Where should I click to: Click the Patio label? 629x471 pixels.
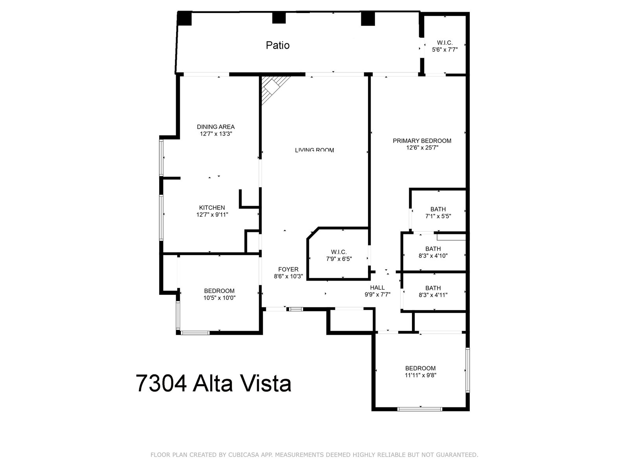tap(278, 46)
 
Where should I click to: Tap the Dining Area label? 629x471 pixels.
tap(215, 127)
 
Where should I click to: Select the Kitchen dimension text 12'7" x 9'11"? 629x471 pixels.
tap(212, 215)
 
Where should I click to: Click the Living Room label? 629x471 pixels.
tap(314, 150)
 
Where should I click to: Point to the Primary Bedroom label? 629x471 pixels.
tap(422, 141)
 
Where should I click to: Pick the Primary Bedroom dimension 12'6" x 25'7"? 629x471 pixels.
tap(422, 148)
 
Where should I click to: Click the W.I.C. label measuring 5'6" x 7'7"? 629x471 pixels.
tap(445, 43)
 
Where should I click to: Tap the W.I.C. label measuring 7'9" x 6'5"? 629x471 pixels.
tap(338, 252)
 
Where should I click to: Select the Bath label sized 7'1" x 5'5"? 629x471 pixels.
tap(438, 209)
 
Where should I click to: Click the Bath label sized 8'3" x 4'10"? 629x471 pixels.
tap(433, 248)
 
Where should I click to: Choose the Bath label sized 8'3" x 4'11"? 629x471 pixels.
tap(433, 288)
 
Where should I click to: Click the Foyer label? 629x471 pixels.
tap(288, 269)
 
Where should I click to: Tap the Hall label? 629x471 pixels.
tap(377, 288)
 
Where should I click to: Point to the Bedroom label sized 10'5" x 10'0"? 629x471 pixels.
tap(219, 291)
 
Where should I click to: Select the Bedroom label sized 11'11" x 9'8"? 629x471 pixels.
tap(420, 368)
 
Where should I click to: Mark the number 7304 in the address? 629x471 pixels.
tap(161, 383)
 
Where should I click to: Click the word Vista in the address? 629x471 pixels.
tap(269, 383)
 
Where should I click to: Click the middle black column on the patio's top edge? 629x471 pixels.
tap(278, 18)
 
